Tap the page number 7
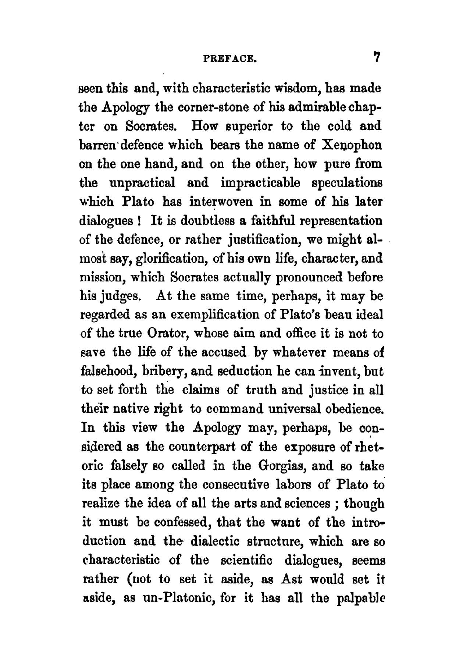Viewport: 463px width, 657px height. coord(376,57)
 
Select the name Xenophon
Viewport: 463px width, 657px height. coord(352,145)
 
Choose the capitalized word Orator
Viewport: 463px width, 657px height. coord(168,334)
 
